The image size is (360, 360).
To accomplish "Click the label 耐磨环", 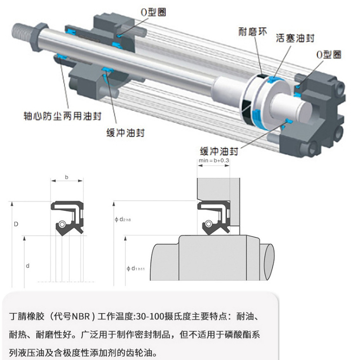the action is [x=253, y=31].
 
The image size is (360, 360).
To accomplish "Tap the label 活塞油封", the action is [x=295, y=38].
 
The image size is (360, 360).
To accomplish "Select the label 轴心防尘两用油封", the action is [x=63, y=116].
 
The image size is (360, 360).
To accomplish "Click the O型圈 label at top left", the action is [x=153, y=13].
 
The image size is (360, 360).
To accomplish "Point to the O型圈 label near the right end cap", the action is [x=328, y=54].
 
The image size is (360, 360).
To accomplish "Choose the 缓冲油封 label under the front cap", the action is [x=126, y=133].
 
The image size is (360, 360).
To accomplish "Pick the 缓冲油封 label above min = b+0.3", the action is [x=219, y=151].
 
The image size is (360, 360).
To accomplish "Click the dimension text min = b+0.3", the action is [x=214, y=161].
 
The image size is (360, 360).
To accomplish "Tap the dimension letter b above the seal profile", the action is [x=67, y=177].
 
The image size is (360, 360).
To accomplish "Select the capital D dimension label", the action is [x=16, y=224].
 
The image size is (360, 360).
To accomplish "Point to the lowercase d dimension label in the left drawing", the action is [x=27, y=266].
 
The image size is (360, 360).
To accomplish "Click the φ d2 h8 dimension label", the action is [x=122, y=220].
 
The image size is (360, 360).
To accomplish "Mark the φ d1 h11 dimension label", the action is [x=136, y=268].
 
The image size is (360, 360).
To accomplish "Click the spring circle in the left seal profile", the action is [x=62, y=225].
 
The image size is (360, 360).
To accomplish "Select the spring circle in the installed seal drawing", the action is [x=209, y=224].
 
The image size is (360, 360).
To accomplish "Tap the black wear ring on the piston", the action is [x=247, y=110].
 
